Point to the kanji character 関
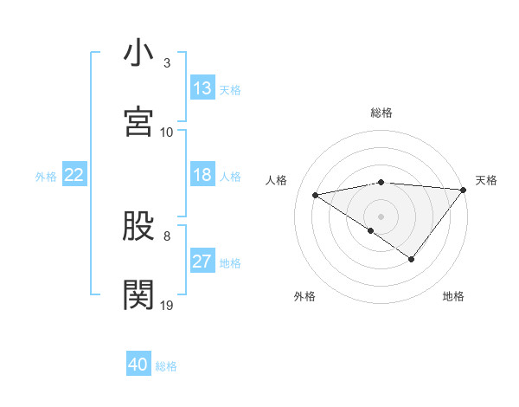138,294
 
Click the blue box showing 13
202,88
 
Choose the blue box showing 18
202,175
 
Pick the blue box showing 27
202,262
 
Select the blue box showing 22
74,175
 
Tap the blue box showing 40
138,365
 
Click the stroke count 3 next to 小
167,63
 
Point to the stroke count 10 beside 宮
167,132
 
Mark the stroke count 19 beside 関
167,305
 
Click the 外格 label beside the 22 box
46,176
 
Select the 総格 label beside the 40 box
166,366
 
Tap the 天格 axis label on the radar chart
486,180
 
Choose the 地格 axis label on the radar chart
453,296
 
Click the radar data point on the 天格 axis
464,189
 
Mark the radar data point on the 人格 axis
316,194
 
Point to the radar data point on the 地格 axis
412,259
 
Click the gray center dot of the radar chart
381,216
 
